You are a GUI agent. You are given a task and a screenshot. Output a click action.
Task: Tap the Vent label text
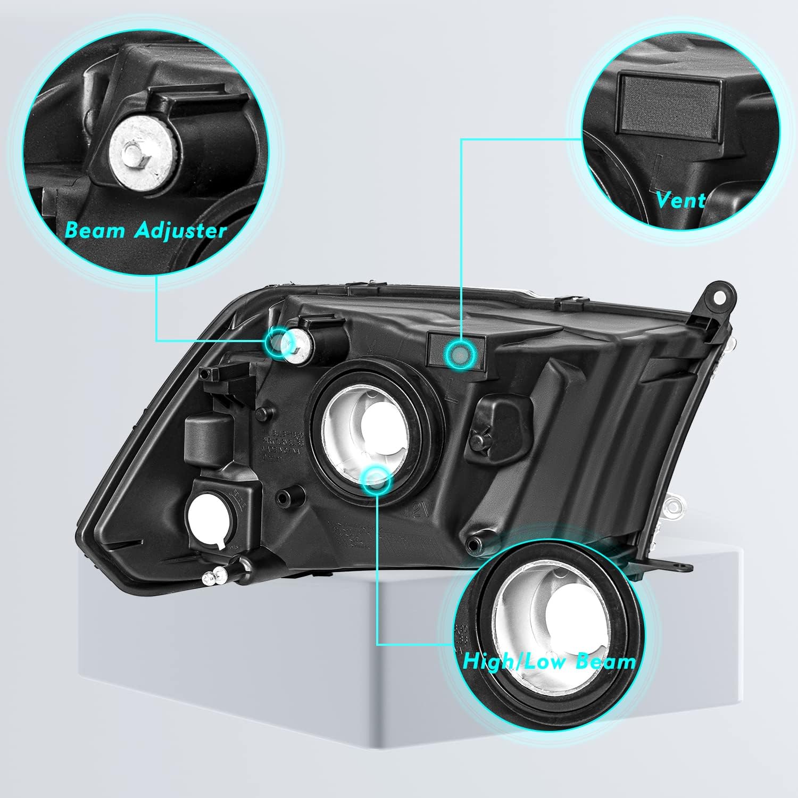[680, 200]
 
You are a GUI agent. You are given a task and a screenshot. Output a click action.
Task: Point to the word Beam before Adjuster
[95, 231]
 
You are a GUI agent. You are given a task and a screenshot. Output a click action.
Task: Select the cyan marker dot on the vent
[459, 352]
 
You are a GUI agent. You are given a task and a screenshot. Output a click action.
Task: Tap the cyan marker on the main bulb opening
[376, 479]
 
